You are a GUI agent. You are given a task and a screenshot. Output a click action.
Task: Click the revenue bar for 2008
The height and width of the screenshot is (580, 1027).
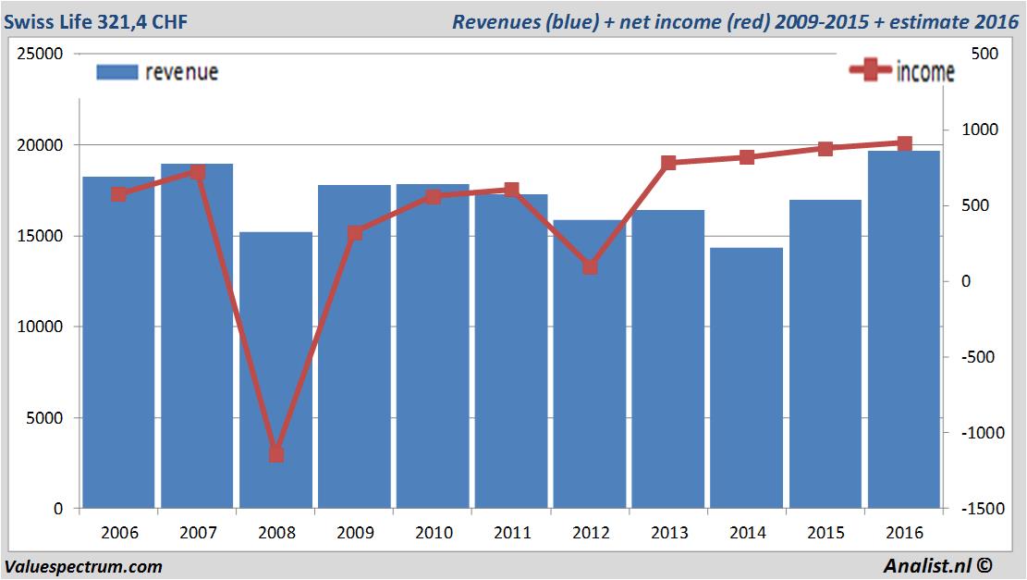275,370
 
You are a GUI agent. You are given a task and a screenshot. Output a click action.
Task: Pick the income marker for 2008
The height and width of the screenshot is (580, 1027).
275,454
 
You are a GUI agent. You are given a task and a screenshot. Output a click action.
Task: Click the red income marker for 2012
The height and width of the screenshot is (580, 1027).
590,266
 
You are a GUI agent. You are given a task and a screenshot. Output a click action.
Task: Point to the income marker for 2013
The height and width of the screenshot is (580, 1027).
668,163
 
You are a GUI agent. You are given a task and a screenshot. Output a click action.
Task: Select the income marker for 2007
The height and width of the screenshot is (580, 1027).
197,172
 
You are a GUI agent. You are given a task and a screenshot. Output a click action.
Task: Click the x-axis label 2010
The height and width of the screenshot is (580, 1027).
434,533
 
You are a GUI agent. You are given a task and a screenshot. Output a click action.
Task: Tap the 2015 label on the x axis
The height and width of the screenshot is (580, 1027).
825,533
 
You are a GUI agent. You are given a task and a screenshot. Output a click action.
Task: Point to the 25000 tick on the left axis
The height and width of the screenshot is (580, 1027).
41,55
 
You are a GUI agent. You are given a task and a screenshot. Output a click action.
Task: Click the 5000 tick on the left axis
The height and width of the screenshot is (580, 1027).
45,418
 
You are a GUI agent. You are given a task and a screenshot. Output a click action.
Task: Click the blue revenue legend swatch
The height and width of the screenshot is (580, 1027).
116,72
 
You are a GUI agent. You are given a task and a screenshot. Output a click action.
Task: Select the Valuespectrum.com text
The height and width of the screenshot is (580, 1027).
83,566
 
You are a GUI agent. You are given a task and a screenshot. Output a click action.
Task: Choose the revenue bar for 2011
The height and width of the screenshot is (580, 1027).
511,352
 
